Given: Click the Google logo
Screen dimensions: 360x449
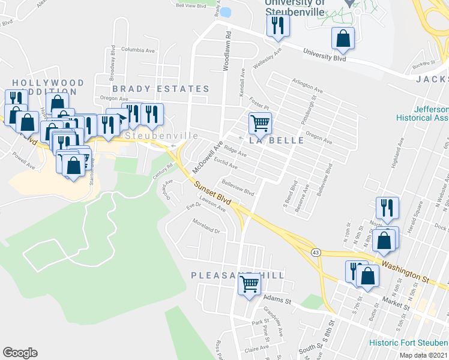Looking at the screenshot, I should coord(20,353).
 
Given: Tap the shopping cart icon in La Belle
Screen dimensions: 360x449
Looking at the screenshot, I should coord(259,124).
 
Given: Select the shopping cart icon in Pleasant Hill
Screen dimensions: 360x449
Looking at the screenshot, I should coord(249,283).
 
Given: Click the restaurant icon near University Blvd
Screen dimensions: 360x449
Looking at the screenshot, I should coord(277,25).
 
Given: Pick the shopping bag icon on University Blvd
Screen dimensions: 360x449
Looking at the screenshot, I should coord(342,38).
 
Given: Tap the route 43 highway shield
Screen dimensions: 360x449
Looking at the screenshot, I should coord(315,253).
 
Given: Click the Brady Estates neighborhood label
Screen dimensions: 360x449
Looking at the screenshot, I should coord(160,89).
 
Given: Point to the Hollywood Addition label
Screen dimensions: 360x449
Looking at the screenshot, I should coord(48,87).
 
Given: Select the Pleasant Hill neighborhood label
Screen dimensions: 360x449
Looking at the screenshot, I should coord(238,275).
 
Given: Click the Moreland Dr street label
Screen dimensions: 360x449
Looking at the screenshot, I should coord(207,227).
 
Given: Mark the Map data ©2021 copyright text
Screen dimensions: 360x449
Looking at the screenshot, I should coord(423,355).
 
